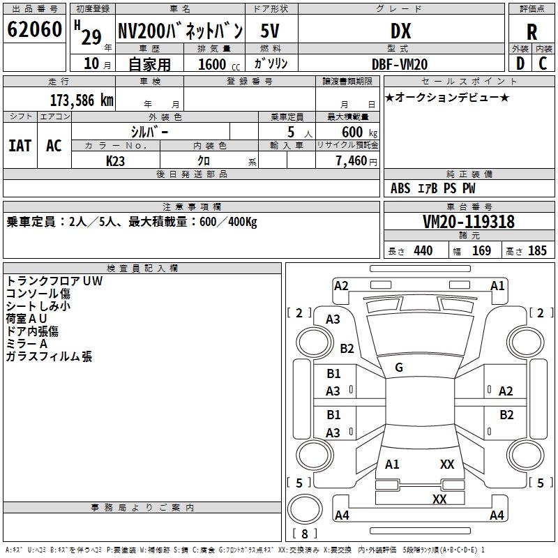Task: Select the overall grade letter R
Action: pyautogui.click(x=531, y=31)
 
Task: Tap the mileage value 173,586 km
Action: pyautogui.click(x=82, y=100)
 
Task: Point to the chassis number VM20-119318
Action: pyautogui.click(x=469, y=222)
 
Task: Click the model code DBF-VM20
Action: pyautogui.click(x=400, y=64)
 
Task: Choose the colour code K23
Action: pyautogui.click(x=116, y=161)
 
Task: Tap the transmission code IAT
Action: pyautogui.click(x=20, y=146)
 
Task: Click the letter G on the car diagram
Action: pyautogui.click(x=399, y=368)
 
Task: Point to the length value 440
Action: pyautogui.click(x=423, y=250)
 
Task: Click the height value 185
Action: pyautogui.click(x=537, y=250)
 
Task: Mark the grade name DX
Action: pyautogui.click(x=400, y=31)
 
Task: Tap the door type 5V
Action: pyautogui.click(x=271, y=31)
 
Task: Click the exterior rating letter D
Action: pyautogui.click(x=520, y=64)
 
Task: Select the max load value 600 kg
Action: pyautogui.click(x=360, y=133)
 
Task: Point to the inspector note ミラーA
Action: pyautogui.click(x=27, y=344)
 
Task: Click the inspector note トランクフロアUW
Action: pyautogui.click(x=54, y=280)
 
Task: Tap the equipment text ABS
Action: pyautogui.click(x=400, y=188)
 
